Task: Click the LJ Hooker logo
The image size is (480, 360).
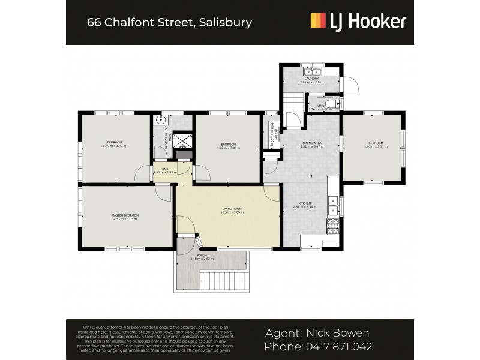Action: pos(358,22)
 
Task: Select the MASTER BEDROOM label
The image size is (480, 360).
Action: pos(125,215)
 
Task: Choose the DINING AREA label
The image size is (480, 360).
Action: pos(312,143)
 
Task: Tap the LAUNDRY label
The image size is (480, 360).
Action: pos(311,79)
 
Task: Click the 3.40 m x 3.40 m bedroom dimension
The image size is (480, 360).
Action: pos(115,146)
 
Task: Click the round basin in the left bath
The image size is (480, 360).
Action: pos(161,119)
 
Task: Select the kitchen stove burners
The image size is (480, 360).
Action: pos(332,227)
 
